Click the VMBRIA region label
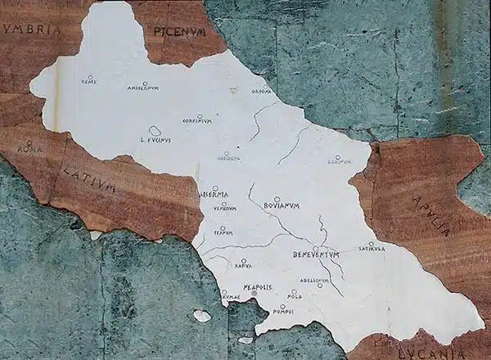(x=33, y=29)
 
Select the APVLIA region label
(x=430, y=215)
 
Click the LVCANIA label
(x=426, y=352)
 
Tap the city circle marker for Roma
(x=29, y=142)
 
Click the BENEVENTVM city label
(x=316, y=255)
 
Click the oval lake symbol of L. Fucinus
(x=155, y=131)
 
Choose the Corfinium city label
(x=196, y=121)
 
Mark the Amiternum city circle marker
(x=144, y=83)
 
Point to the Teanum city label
(x=223, y=233)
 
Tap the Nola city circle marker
(x=294, y=291)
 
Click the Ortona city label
(x=261, y=92)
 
